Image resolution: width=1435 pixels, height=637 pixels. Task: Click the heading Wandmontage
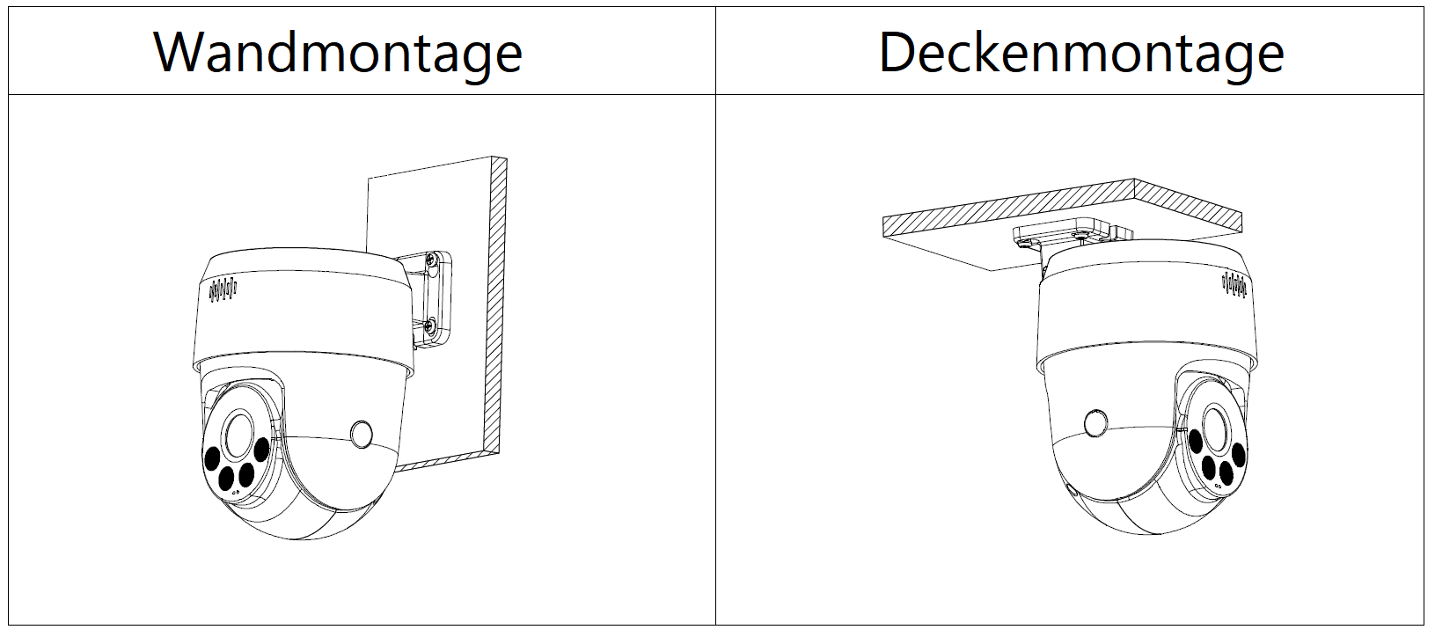pyautogui.click(x=338, y=54)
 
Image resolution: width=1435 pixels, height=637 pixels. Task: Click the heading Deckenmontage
pyautogui.click(x=1081, y=54)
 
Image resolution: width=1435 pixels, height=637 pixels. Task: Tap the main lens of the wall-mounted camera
pyautogui.click(x=238, y=434)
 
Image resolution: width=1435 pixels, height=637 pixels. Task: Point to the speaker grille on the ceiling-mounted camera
pyautogui.click(x=1234, y=284)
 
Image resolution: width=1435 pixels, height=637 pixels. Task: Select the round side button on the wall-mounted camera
pyautogui.click(x=362, y=434)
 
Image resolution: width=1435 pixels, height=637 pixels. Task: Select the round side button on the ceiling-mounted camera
pyautogui.click(x=1095, y=423)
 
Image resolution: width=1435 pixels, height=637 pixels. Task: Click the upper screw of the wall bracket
pyautogui.click(x=432, y=260)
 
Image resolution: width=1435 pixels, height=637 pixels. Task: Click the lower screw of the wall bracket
pyautogui.click(x=430, y=326)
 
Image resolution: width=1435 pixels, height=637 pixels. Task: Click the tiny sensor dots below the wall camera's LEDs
pyautogui.click(x=236, y=492)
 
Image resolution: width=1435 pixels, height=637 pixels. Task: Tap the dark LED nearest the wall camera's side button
pyautogui.click(x=261, y=450)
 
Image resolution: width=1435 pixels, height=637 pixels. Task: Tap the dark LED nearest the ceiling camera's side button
pyautogui.click(x=1196, y=442)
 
